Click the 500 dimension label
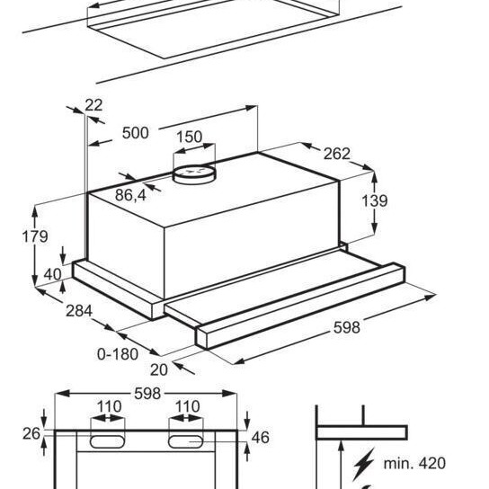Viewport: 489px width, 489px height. pyautogui.click(x=136, y=133)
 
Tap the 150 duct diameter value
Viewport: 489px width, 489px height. pyautogui.click(x=190, y=137)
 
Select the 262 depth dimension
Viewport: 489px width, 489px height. pyautogui.click(x=337, y=154)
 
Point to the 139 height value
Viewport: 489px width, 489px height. pyautogui.click(x=375, y=200)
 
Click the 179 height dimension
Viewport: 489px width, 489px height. pyautogui.click(x=35, y=236)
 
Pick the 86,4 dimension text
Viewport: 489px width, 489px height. pyautogui.click(x=130, y=196)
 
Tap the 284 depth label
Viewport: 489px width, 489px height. pyautogui.click(x=79, y=311)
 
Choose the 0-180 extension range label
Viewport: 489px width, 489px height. pyautogui.click(x=118, y=354)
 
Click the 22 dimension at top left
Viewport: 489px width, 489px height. pyautogui.click(x=93, y=105)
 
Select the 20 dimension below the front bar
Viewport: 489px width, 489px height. pyautogui.click(x=159, y=369)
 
